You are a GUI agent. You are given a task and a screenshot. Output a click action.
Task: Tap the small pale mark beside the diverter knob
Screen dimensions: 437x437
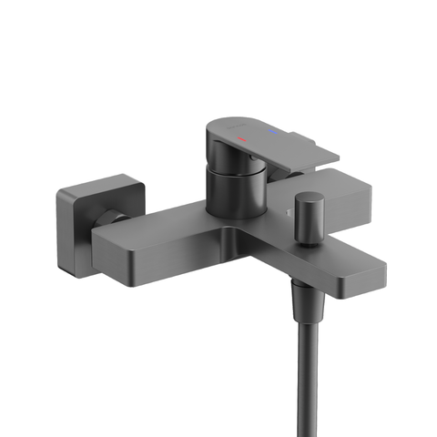click(x=288, y=212)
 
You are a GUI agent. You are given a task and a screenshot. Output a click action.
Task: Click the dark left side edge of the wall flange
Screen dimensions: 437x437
click(x=61, y=232)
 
